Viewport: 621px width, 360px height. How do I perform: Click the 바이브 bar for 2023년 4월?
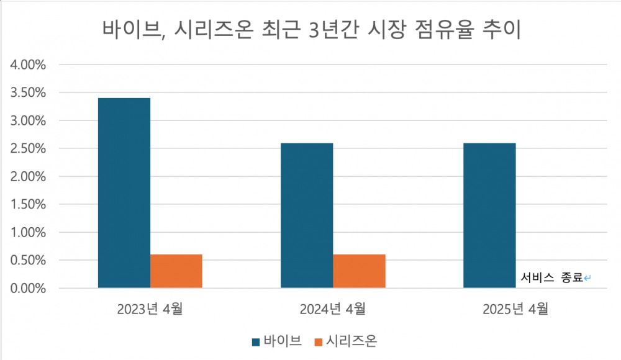pyautogui.click(x=124, y=193)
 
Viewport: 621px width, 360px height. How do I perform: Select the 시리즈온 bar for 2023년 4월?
pyautogui.click(x=176, y=271)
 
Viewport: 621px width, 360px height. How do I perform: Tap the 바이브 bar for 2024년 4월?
pyautogui.click(x=307, y=215)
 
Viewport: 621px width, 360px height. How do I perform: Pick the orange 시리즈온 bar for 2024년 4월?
pyautogui.click(x=359, y=271)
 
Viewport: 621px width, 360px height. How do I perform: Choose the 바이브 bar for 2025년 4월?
pyautogui.click(x=489, y=215)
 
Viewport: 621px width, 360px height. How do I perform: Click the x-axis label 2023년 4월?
pyautogui.click(x=150, y=308)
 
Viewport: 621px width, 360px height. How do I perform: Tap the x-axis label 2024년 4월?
pyautogui.click(x=333, y=308)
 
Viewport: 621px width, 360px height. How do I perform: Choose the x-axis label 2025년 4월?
pyautogui.click(x=515, y=308)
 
